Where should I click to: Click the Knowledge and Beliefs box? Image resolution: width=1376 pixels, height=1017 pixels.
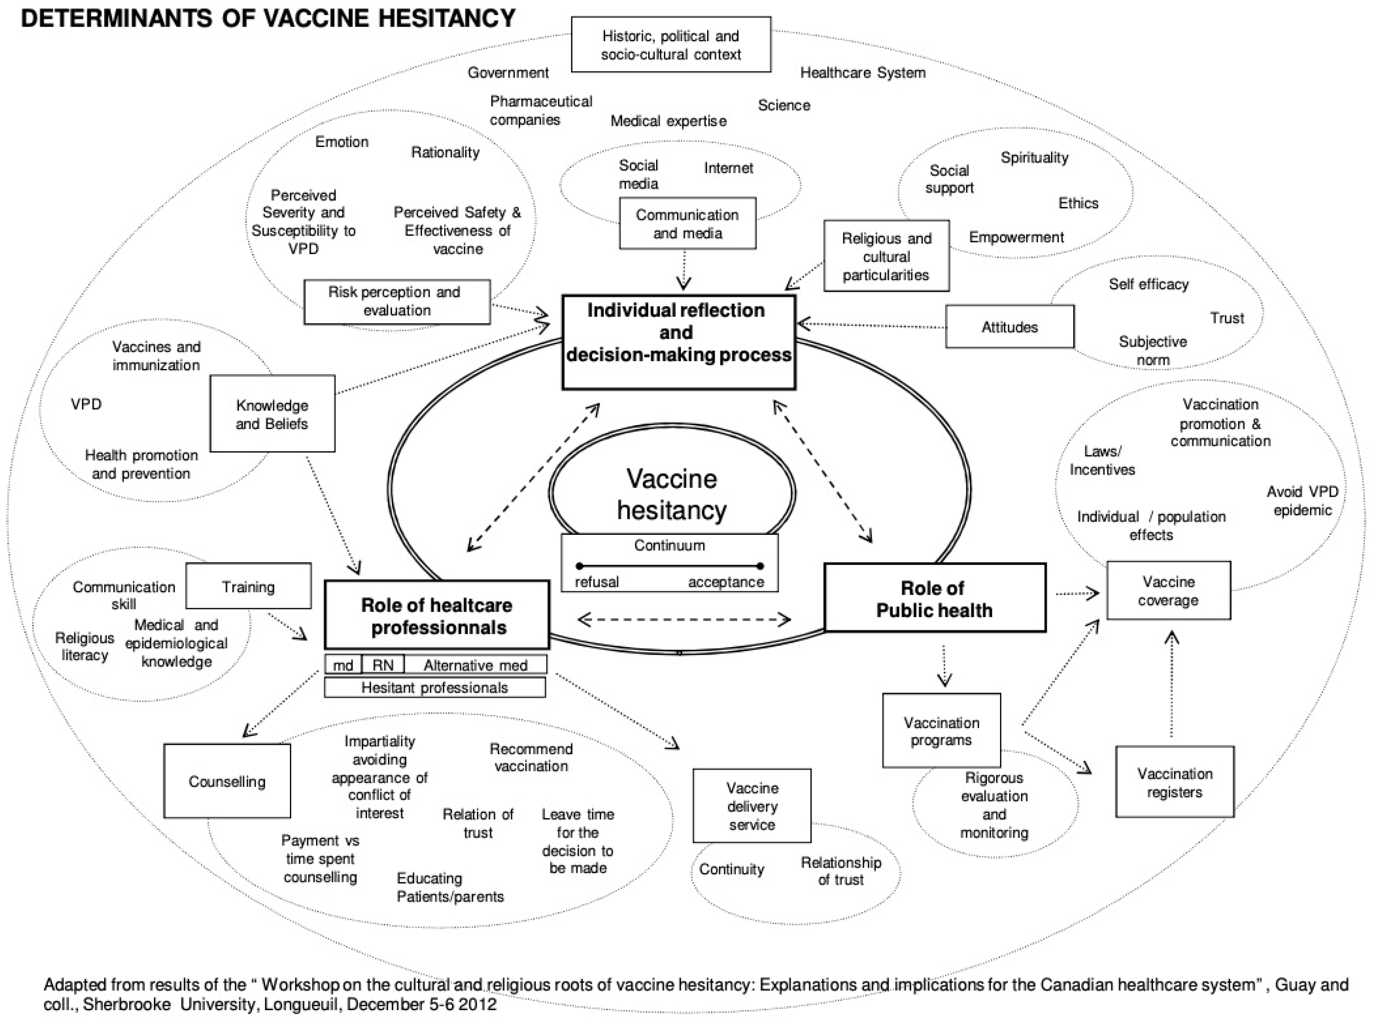pos(272,414)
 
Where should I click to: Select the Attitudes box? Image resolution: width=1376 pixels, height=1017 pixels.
pos(1009,327)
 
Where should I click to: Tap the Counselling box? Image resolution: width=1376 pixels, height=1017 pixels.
pos(227,781)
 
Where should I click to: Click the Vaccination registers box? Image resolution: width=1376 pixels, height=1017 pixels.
pos(1174,783)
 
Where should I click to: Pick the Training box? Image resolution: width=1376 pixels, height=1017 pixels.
pos(248,586)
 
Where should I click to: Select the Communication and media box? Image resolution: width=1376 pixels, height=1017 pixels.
pos(687,223)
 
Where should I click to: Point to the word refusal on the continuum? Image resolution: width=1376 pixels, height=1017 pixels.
pos(596,582)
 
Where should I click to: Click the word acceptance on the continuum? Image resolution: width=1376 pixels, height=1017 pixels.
pos(726,582)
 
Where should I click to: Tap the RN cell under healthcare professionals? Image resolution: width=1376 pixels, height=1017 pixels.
pos(382,665)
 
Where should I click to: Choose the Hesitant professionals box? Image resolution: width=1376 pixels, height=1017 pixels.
pos(435,688)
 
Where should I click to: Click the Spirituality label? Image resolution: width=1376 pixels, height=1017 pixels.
pos(1034,158)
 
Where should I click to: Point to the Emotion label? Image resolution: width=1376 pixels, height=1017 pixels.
pos(342,141)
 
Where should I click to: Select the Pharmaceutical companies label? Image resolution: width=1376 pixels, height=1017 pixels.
pos(540,110)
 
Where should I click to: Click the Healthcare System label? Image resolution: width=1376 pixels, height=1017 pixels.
pos(862,73)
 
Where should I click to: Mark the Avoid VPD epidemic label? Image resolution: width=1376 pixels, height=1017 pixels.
pos(1302,501)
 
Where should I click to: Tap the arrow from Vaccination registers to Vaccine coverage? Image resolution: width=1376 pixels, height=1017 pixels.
pos(1171,683)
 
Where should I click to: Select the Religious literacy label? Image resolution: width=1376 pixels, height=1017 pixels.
pos(84,646)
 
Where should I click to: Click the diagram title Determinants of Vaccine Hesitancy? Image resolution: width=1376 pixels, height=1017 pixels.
pos(268,18)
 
